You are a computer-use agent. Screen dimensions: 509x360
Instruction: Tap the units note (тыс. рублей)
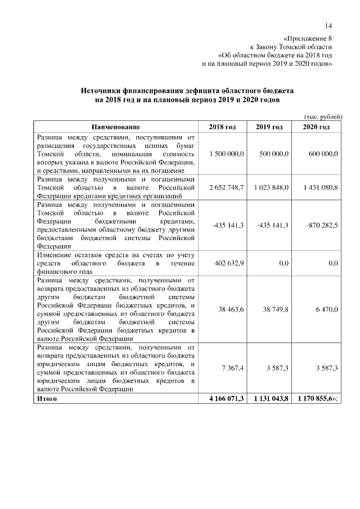tap(322, 116)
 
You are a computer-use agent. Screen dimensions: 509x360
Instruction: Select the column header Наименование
tap(116, 127)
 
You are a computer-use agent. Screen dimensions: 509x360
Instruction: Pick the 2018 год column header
tap(222, 127)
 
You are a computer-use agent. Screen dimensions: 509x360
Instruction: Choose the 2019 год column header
tap(269, 127)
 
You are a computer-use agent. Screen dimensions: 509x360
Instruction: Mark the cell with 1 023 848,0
tap(271, 187)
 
